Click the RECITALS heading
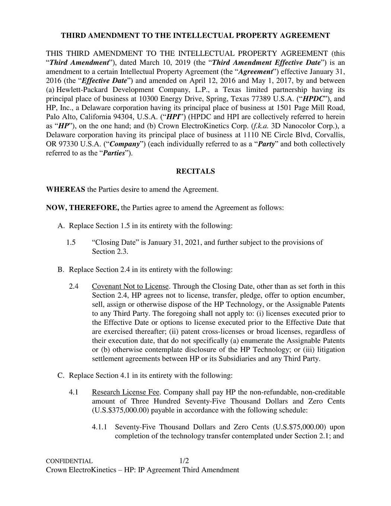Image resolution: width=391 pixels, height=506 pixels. (x=195, y=171)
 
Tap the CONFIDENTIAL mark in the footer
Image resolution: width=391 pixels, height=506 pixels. (x=69, y=461)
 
